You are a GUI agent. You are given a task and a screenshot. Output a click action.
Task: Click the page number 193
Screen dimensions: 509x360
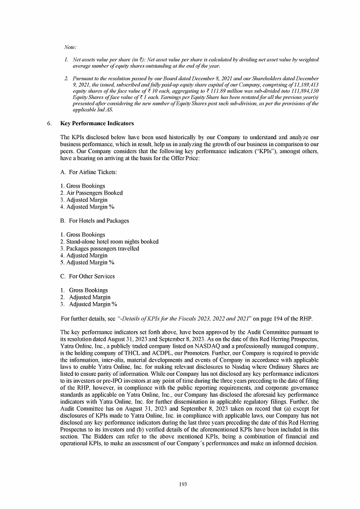coord(183,484)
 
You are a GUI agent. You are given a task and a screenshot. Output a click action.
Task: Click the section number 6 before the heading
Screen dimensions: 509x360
coord(49,123)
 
